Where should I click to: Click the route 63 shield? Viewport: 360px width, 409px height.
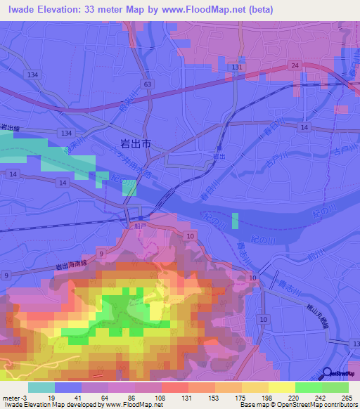(x=146, y=84)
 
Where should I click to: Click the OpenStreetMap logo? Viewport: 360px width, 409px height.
(x=340, y=375)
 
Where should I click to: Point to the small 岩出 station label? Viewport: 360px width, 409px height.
(x=219, y=157)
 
